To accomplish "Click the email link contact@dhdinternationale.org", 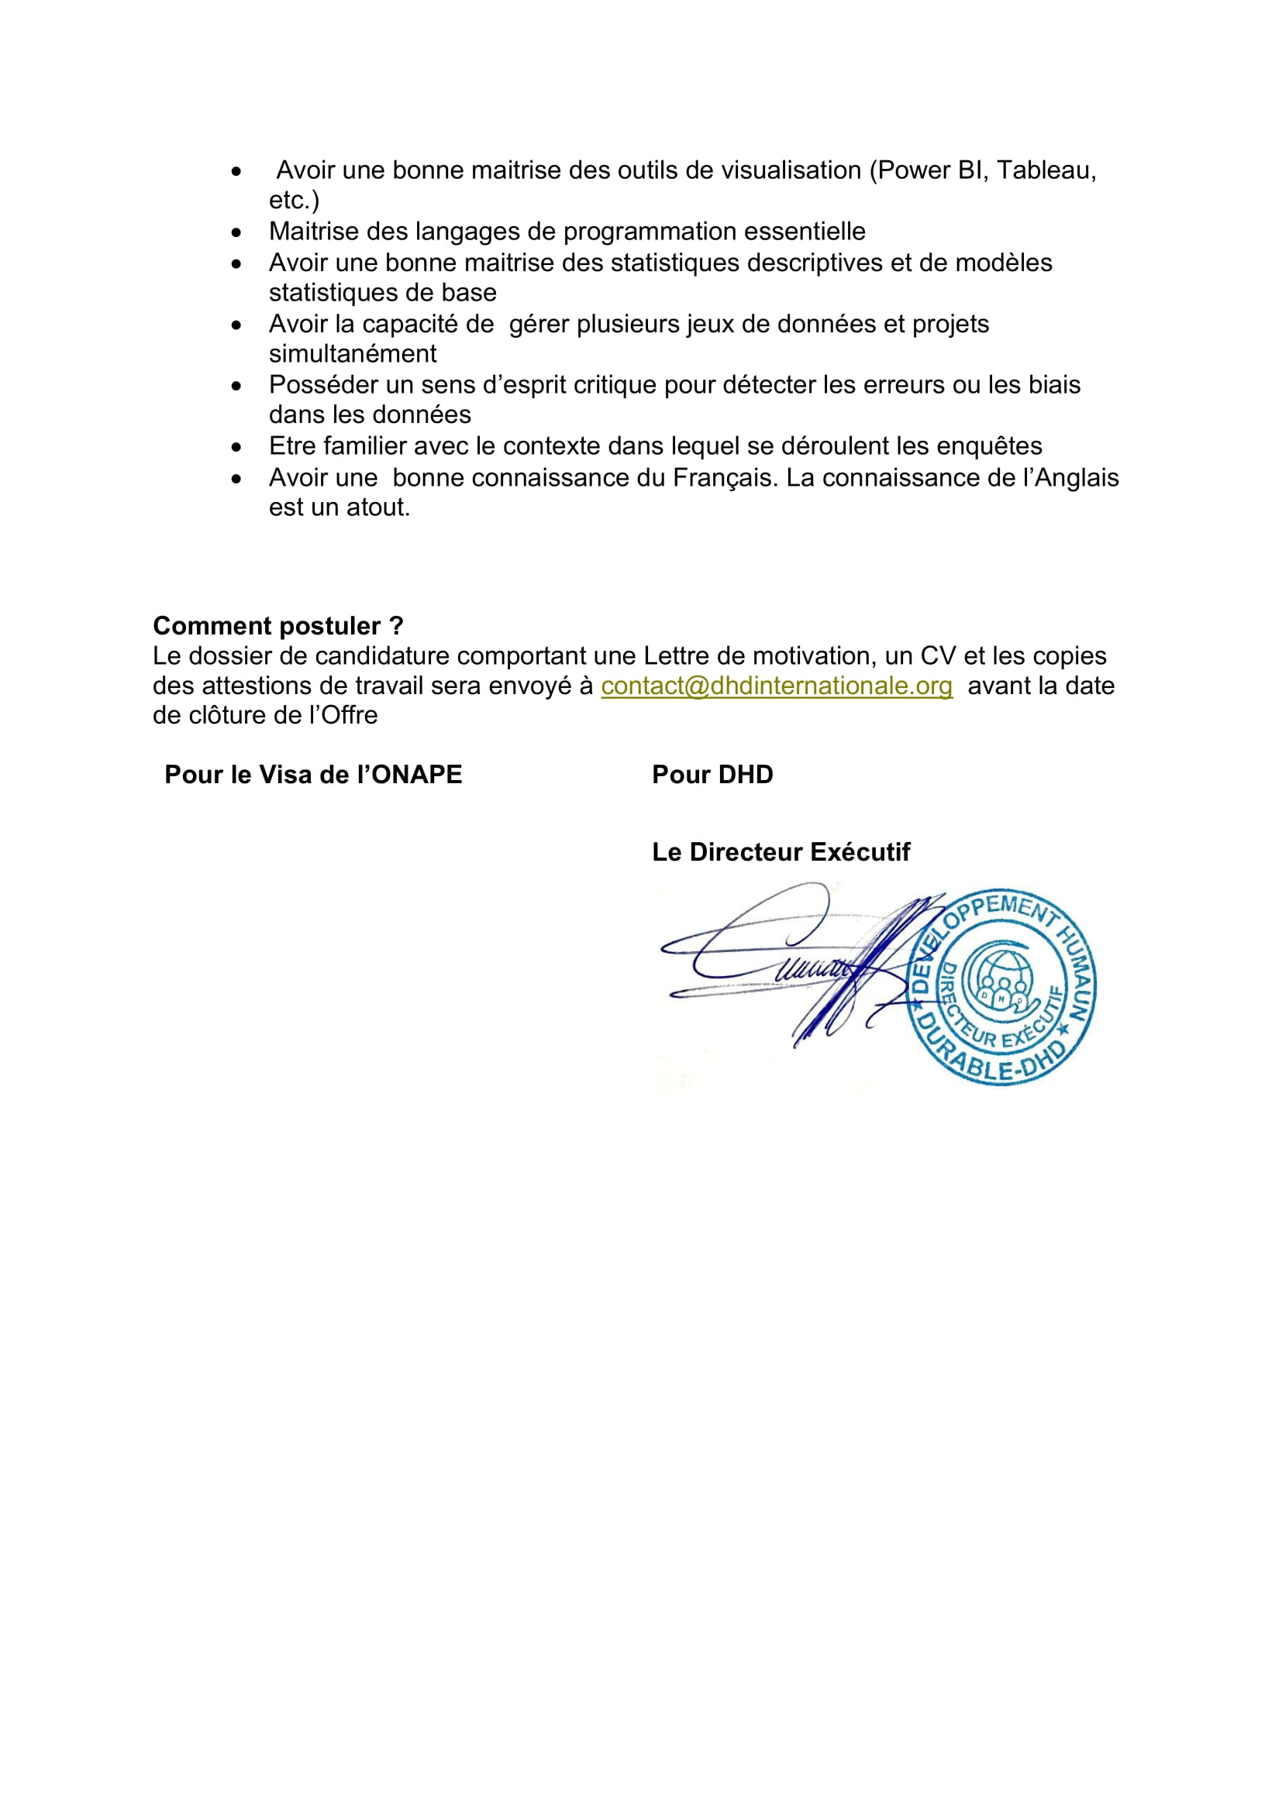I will [776, 686].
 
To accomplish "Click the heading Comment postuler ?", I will [278, 626].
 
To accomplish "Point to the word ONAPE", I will [417, 775].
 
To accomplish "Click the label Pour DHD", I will [712, 775].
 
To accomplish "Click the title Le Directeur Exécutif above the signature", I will [781, 852].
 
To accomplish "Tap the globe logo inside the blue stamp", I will [998, 978].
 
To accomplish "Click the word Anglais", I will [1077, 478].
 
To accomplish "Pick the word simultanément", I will [352, 353].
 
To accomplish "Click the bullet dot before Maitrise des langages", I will [236, 233].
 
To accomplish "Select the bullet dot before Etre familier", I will [236, 448].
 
